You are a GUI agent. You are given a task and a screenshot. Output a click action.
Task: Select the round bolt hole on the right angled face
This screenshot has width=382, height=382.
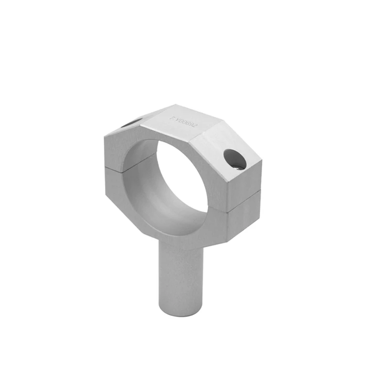pyautogui.click(x=235, y=159)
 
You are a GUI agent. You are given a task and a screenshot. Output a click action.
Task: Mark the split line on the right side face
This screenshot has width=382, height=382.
pyautogui.click(x=244, y=200)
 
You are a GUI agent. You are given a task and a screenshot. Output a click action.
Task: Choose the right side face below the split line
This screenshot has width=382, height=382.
pyautogui.click(x=244, y=215)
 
